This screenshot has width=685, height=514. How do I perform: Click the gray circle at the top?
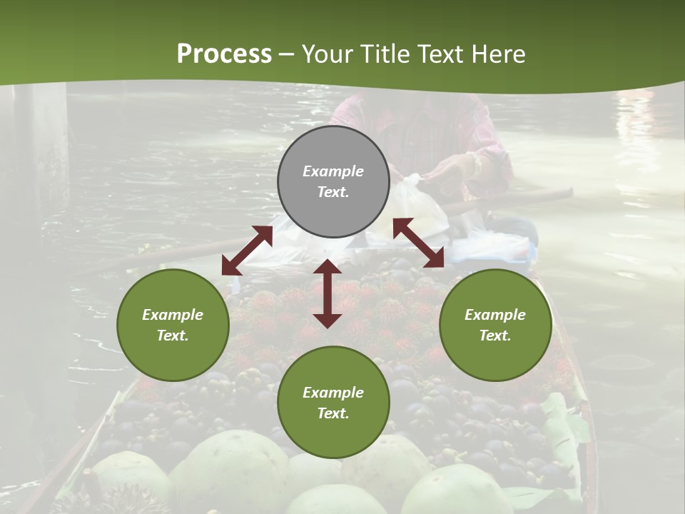(333, 181)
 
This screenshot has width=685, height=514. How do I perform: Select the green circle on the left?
(173, 325)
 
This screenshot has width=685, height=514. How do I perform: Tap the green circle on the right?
(495, 325)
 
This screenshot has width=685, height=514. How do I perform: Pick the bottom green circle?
(333, 403)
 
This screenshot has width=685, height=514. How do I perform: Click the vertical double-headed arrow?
(328, 293)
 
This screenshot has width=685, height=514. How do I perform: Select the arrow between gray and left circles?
(247, 251)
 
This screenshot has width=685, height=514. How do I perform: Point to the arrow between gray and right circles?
(419, 243)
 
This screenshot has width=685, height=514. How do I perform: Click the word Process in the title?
(224, 54)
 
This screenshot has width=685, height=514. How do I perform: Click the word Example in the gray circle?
(333, 171)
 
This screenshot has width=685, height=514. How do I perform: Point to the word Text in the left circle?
(173, 336)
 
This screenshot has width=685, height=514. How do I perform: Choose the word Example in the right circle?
(495, 315)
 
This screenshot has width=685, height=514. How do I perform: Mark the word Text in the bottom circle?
(333, 413)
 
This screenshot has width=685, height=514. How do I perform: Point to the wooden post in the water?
(43, 143)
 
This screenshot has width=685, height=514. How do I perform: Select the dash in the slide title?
(286, 54)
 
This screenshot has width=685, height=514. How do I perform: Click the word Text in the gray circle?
(333, 192)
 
